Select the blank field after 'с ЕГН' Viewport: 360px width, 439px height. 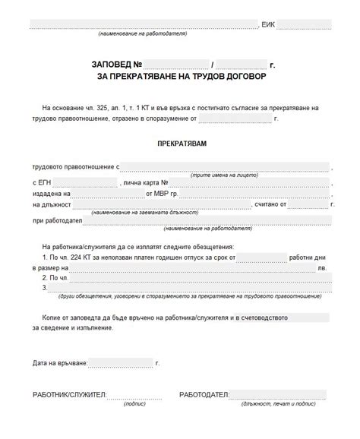pyautogui.click(x=88, y=184)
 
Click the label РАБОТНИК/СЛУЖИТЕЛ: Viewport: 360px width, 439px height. pyautogui.click(x=69, y=396)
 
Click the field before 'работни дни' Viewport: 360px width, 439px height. pyautogui.click(x=262, y=258)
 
